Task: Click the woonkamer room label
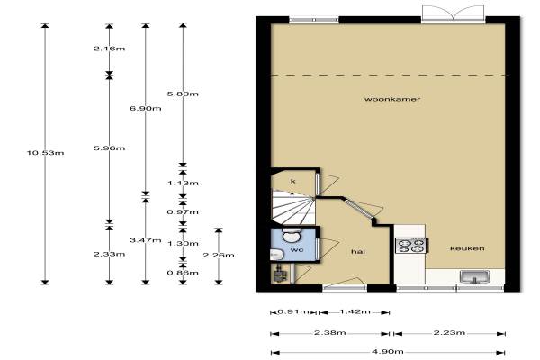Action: (392, 99)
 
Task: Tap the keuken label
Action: (467, 248)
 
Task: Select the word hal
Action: (358, 251)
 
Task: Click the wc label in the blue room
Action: (297, 249)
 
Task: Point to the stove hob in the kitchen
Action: (411, 246)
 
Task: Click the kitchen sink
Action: (475, 276)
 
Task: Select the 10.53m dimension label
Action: (46, 153)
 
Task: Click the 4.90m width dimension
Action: (388, 351)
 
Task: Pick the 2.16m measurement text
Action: (110, 49)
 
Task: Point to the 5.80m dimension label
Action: (183, 94)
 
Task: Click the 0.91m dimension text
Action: (293, 311)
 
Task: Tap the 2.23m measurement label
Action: (449, 332)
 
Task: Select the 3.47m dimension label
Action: (146, 240)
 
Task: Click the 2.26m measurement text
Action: (219, 256)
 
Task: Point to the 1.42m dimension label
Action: (355, 311)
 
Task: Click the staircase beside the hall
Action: (293, 207)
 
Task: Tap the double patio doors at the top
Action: (454, 13)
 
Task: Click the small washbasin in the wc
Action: (276, 255)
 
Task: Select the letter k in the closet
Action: (293, 181)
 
